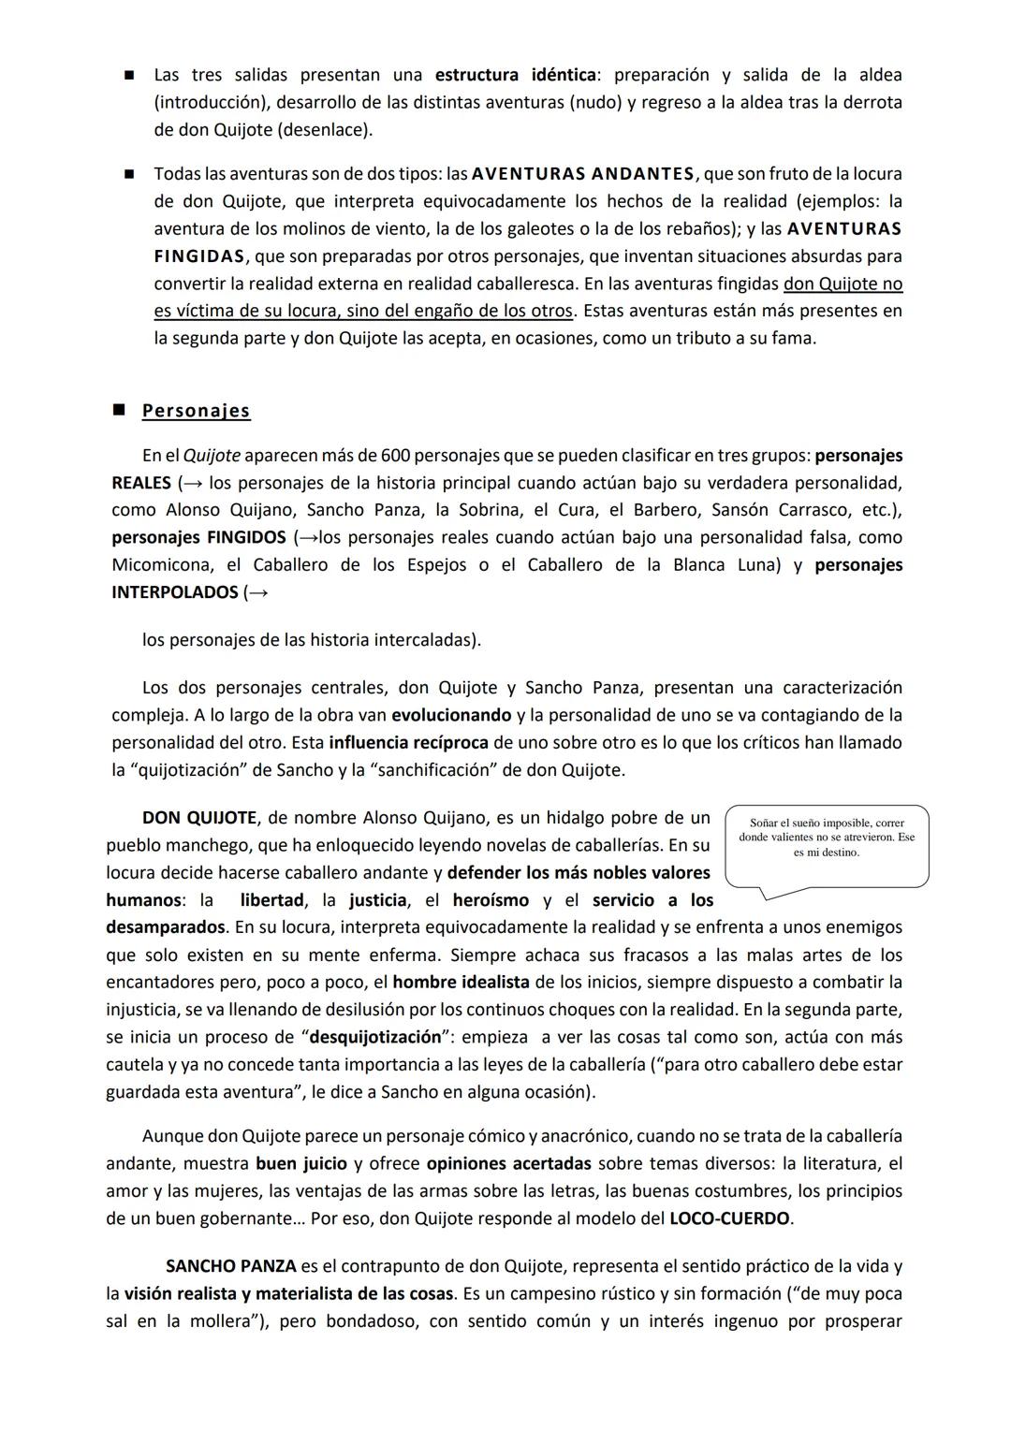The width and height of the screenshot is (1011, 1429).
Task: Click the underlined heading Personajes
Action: coord(196,411)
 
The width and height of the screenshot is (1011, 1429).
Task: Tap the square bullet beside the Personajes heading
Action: coord(119,410)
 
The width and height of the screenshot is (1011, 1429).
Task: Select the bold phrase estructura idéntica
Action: coord(516,75)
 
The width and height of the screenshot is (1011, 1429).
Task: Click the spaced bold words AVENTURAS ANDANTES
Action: coord(583,174)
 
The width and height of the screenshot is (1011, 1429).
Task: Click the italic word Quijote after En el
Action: coord(212,456)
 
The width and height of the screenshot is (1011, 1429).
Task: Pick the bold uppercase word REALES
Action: coord(141,483)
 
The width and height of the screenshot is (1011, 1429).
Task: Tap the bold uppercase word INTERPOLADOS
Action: coord(174,592)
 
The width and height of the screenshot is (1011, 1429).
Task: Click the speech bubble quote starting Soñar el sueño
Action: coord(827,838)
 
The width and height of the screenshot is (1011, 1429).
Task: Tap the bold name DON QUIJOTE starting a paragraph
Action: coord(198,818)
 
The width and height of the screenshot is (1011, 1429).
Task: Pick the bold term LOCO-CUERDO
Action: coord(729,1218)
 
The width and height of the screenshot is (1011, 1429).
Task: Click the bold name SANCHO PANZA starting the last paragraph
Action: coord(230,1266)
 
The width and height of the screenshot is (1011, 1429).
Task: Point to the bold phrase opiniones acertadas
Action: coord(508,1164)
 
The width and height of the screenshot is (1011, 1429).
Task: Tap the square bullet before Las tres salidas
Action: coord(131,75)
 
